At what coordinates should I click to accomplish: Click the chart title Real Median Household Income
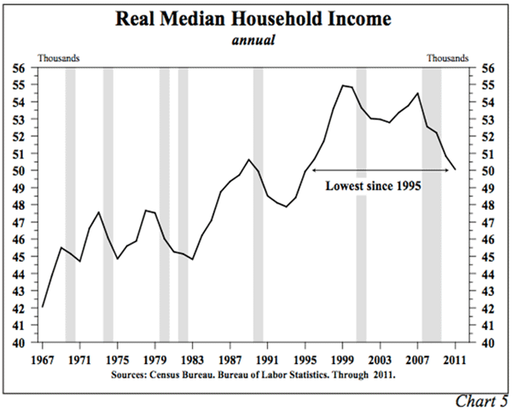(256, 19)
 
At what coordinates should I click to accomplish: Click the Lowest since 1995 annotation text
(375, 184)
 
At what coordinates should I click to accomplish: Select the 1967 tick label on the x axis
(42, 359)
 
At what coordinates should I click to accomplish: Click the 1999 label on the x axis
(343, 359)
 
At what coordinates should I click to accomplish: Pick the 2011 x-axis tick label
(456, 359)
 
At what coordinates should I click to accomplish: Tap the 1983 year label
(192, 359)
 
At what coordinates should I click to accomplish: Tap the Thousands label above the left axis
(58, 58)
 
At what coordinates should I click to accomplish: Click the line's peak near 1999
(343, 85)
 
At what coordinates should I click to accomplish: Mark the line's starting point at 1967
(42, 307)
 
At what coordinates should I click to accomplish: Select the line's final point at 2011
(456, 170)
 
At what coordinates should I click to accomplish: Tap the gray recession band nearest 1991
(258, 205)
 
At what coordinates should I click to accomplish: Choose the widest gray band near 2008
(432, 205)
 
